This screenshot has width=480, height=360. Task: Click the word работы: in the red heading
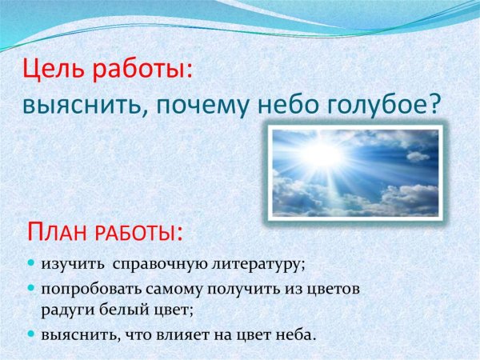click(142, 71)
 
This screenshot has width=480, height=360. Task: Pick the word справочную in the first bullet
click(152, 262)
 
